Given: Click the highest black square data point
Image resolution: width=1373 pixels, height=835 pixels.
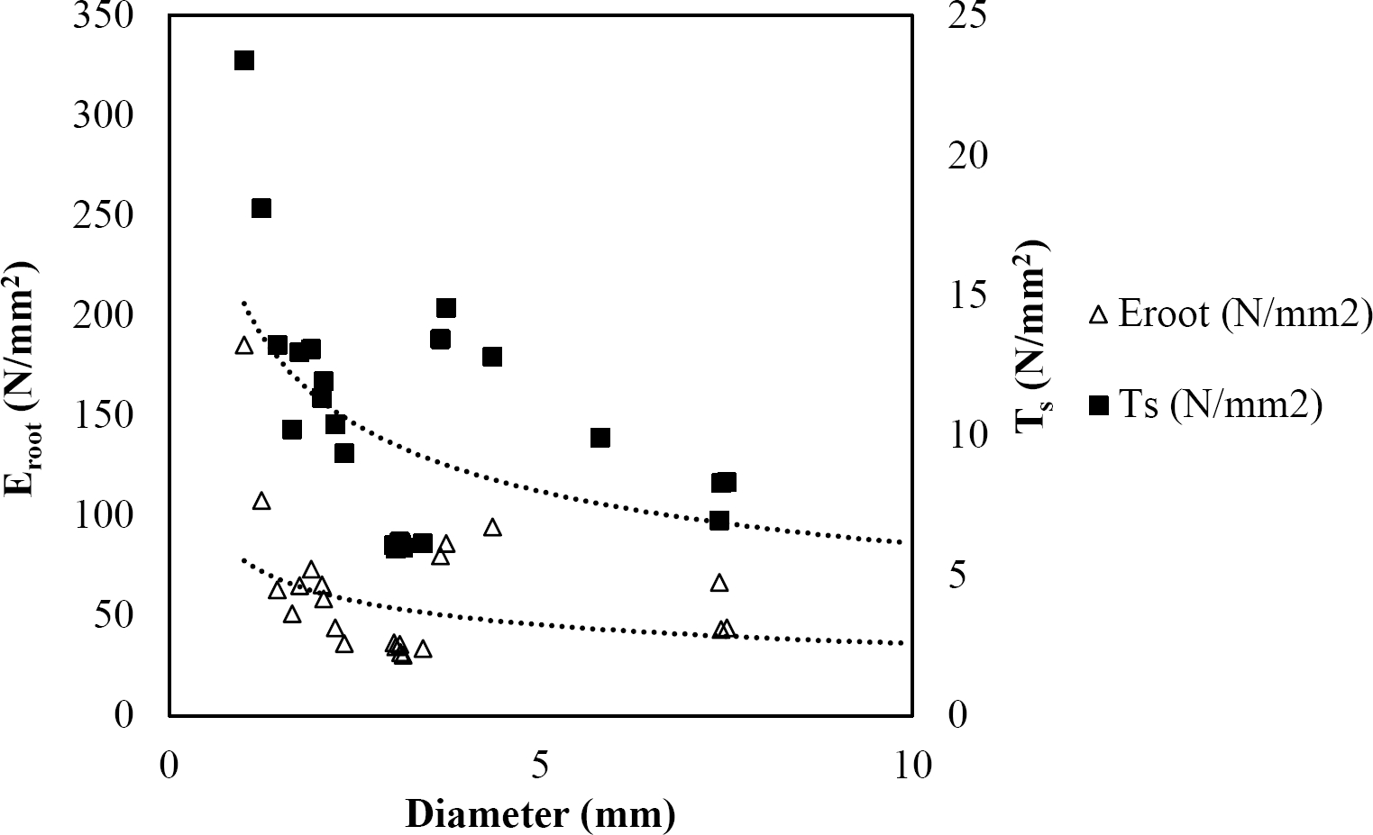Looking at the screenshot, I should click(243, 60).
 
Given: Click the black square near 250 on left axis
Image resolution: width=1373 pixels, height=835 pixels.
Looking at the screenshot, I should click(261, 208).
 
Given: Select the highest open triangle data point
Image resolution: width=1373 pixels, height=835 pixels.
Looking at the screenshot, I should click(243, 346).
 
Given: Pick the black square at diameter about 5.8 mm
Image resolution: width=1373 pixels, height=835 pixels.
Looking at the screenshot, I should click(600, 438).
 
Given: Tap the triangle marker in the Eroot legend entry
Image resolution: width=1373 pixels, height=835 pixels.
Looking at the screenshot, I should click(1098, 315).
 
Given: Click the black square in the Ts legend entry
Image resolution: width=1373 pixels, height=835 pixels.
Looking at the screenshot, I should click(1098, 406).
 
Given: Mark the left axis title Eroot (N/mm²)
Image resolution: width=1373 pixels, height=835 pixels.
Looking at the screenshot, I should click(23, 378).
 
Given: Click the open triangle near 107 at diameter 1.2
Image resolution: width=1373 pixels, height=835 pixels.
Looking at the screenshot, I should click(261, 501).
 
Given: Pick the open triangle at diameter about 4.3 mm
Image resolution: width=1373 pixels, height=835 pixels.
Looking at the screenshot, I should click(492, 527).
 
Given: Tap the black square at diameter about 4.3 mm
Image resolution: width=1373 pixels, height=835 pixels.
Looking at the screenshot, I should click(492, 357).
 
